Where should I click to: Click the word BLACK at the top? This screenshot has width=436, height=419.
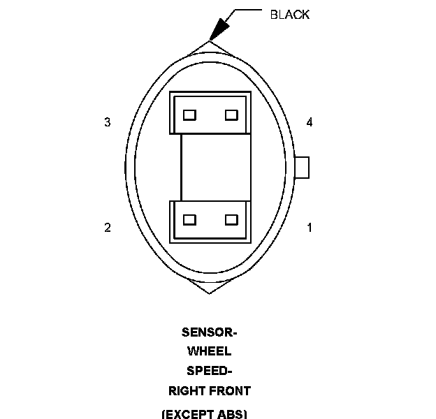click(x=289, y=15)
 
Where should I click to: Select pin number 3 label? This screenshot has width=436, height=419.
click(x=107, y=122)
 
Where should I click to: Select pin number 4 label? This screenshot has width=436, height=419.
click(x=310, y=122)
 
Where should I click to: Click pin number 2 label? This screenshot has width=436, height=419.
click(x=107, y=228)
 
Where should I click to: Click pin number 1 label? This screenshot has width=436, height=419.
click(x=310, y=228)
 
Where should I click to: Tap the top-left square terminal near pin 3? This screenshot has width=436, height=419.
click(x=189, y=115)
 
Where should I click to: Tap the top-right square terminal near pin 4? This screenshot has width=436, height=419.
click(x=231, y=115)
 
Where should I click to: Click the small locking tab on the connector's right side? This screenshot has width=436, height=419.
click(x=302, y=168)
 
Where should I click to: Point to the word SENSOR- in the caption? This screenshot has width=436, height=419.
click(x=209, y=332)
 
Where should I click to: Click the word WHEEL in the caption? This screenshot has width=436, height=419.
click(x=209, y=351)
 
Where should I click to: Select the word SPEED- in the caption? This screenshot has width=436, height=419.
click(x=209, y=370)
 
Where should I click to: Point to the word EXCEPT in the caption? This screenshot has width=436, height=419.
click(x=188, y=413)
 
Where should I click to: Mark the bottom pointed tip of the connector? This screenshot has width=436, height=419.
click(x=209, y=292)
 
